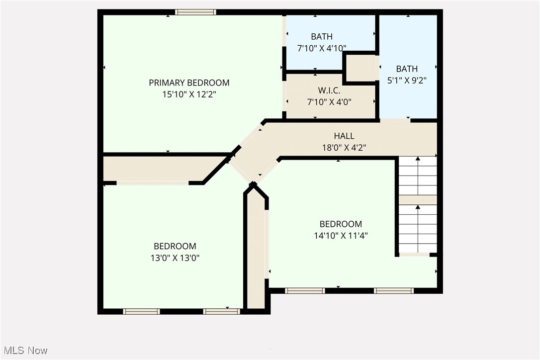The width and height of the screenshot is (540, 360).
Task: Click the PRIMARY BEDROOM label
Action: (189, 83)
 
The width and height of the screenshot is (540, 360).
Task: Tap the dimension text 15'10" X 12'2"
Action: (189, 93)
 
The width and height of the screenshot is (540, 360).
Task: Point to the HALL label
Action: (344, 136)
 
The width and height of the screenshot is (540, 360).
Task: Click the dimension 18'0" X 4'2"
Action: (344, 147)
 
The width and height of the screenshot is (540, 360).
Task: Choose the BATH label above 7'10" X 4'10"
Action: (322, 36)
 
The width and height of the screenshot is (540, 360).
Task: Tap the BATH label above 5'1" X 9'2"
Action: (407, 69)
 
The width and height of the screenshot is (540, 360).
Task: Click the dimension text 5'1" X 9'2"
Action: (407, 80)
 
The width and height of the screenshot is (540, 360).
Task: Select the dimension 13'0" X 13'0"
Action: (175, 258)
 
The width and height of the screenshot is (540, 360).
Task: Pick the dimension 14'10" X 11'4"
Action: (341, 236)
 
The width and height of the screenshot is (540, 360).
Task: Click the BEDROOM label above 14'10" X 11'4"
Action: (341, 224)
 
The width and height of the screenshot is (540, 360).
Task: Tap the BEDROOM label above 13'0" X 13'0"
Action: (175, 246)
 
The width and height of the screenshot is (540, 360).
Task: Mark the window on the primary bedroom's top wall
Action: (195, 12)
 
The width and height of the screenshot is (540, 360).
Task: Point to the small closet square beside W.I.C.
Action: (360, 68)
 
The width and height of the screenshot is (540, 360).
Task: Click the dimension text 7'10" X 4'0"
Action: (329, 102)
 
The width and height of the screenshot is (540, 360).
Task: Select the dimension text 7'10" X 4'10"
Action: (322, 48)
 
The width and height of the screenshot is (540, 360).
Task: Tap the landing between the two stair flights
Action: (418, 200)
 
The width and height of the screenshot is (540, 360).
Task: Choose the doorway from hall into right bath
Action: (395, 120)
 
